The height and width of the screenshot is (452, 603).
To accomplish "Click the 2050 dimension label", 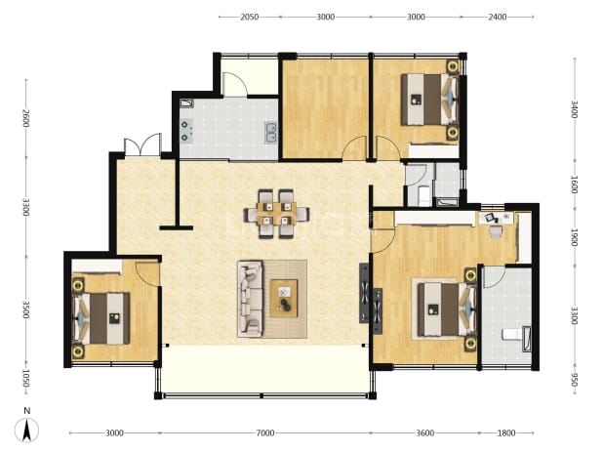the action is [x=249, y=17].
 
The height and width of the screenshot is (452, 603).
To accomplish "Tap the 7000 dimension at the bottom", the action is [x=265, y=433].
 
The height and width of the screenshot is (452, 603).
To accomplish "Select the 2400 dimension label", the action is [x=498, y=17].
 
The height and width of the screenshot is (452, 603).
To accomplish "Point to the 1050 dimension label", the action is [x=25, y=379].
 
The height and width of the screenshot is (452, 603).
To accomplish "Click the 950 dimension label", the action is [x=574, y=380].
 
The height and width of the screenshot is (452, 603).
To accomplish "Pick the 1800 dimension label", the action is [x=506, y=433].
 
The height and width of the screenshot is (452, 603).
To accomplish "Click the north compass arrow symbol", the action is [x=26, y=430].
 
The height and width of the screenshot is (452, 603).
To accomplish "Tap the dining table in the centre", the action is [x=276, y=214].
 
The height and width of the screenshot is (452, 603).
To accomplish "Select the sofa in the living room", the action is [x=250, y=299].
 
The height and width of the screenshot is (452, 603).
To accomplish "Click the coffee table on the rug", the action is [x=284, y=299].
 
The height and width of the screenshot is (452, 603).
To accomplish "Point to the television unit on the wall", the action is [x=364, y=293].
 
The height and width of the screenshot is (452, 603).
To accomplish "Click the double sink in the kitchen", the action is [x=270, y=133].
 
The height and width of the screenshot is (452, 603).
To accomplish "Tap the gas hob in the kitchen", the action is [x=187, y=131].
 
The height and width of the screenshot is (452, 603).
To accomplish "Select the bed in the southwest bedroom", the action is [x=100, y=318].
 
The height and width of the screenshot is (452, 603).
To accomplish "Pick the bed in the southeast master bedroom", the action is [x=447, y=309].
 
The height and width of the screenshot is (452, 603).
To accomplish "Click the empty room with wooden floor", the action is [x=325, y=108].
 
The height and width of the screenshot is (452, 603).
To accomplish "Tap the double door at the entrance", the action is [x=142, y=144].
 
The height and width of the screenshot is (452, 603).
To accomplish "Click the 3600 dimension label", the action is [x=425, y=433].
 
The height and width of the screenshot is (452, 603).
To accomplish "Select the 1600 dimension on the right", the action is [x=574, y=185].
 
